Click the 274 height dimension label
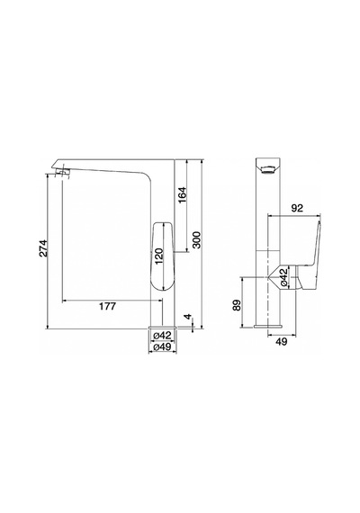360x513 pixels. pyautogui.click(x=43, y=248)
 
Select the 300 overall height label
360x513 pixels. pyautogui.click(x=196, y=239)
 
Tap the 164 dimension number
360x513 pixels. pyautogui.click(x=182, y=195)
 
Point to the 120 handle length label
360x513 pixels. pyautogui.click(x=158, y=256)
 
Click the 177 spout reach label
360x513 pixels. pyautogui.click(x=107, y=306)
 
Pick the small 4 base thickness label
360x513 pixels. pyautogui.click(x=188, y=317)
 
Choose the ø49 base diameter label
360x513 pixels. pyautogui.click(x=162, y=347)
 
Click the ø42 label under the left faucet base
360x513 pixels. pyautogui.click(x=162, y=336)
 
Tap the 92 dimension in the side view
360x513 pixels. pyautogui.click(x=297, y=208)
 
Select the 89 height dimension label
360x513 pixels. pyautogui.click(x=238, y=305)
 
